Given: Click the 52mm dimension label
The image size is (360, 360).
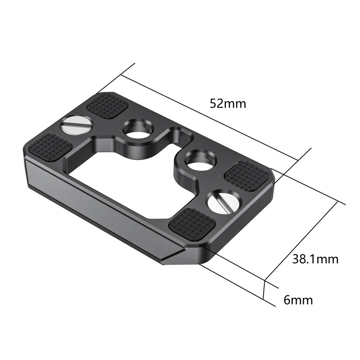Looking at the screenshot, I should point(228,104).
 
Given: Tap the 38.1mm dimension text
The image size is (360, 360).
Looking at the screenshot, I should point(315,259).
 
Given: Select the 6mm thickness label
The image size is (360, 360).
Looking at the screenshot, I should point(298,300).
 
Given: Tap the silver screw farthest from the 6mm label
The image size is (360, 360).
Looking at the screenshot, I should point(77,125).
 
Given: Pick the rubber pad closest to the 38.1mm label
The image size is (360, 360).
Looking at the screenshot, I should point(247,176).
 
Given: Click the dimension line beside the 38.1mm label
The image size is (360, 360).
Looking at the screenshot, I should point(301,241).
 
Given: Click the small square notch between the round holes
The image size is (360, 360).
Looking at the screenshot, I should point(177,135).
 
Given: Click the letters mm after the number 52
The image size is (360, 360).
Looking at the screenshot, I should point(237,104).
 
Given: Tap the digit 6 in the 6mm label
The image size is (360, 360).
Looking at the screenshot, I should point(287,300).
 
